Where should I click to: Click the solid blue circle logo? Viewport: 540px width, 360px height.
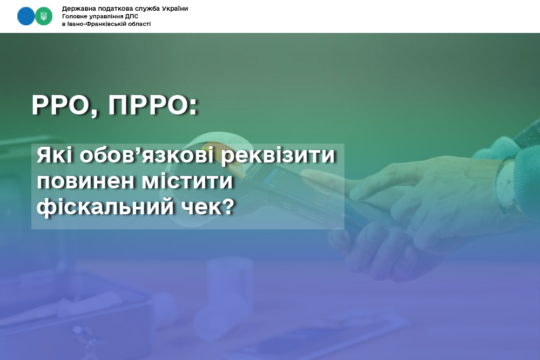pyautogui.click(x=26, y=16)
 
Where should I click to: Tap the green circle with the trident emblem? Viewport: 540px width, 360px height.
pyautogui.click(x=43, y=16)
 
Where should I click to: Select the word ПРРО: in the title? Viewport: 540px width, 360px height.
pyautogui.click(x=153, y=105)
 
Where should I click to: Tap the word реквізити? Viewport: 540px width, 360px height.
pyautogui.click(x=278, y=156)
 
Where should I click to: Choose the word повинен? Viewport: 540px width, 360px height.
pyautogui.click(x=86, y=181)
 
